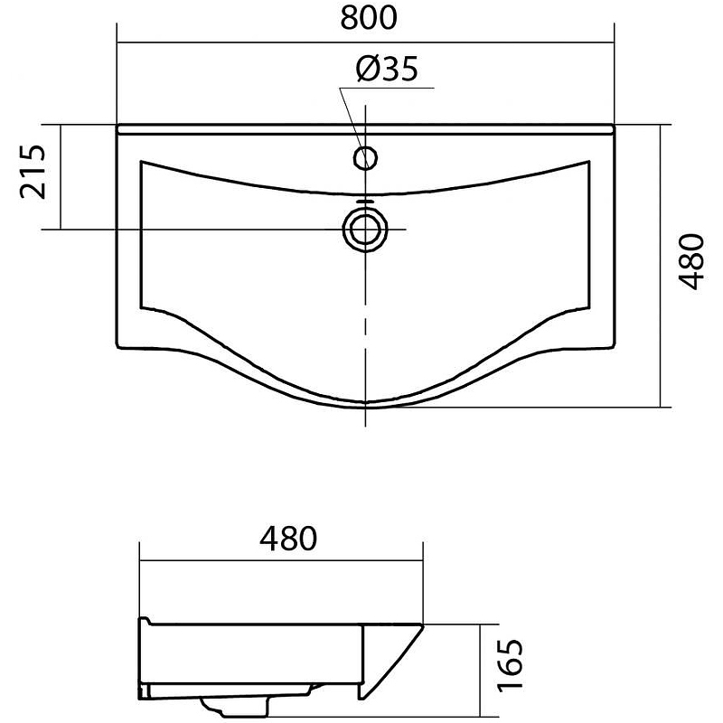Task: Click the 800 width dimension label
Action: (x=369, y=17)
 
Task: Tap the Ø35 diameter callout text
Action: (x=388, y=70)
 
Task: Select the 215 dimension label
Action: (x=33, y=172)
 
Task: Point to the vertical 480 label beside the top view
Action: (x=691, y=262)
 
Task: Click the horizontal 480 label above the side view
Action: (x=288, y=538)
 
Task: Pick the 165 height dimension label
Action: (x=511, y=664)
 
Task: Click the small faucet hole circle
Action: (x=365, y=157)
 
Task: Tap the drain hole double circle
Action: (x=365, y=230)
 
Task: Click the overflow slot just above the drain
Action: (x=365, y=202)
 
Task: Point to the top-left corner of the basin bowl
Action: (x=141, y=161)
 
